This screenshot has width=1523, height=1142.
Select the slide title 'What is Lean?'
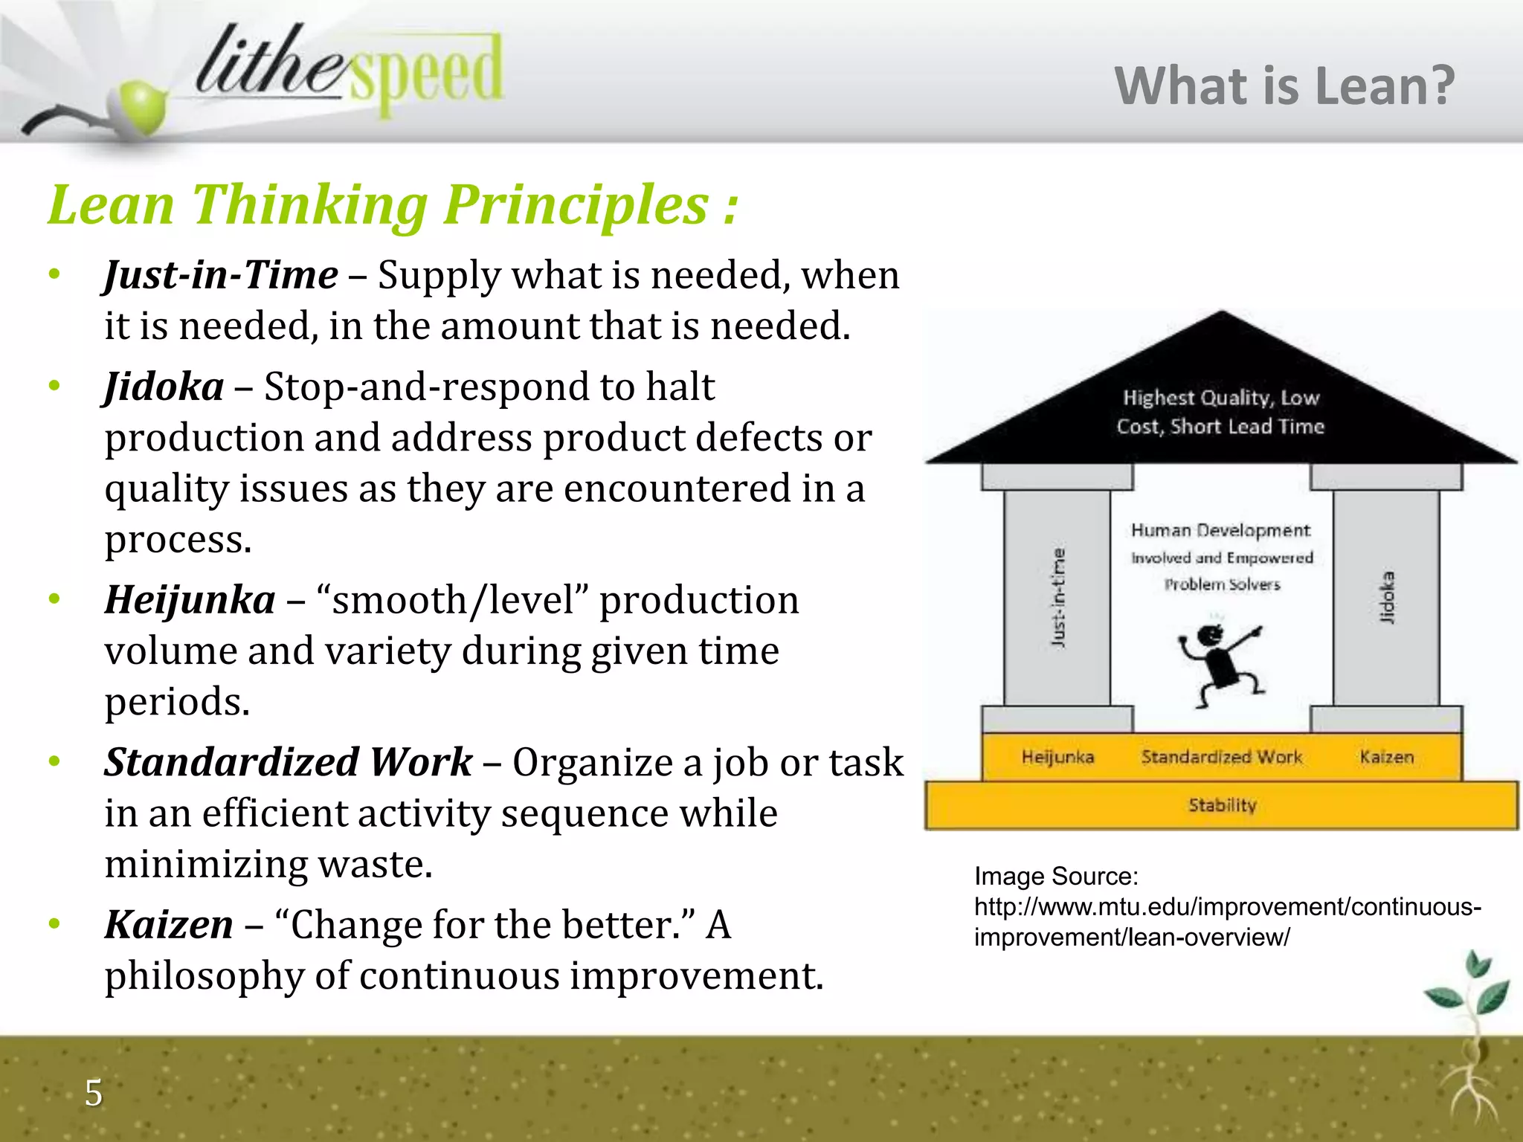coord(1284,86)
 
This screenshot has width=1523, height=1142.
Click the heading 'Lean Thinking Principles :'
coord(393,204)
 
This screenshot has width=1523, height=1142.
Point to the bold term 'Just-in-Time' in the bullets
coord(221,275)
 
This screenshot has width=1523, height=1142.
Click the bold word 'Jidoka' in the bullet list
coord(164,387)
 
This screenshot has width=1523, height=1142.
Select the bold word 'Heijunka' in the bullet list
coord(190,600)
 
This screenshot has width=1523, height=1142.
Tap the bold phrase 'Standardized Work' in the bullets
coord(288,762)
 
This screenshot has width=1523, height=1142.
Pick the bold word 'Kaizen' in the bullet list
coord(169,925)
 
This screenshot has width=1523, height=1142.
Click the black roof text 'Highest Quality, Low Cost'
coord(1220,412)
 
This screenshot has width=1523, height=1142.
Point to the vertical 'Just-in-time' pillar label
coord(1058,597)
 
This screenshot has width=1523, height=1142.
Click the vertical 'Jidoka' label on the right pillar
coord(1386,597)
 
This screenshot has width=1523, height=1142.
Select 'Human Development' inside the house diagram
coord(1220,530)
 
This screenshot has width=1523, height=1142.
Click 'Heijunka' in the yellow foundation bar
coord(1057,757)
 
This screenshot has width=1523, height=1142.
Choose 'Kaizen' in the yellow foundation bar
coord(1386,757)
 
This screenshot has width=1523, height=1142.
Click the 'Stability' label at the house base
coord(1222,805)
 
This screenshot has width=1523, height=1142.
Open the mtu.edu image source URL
coord(1227,922)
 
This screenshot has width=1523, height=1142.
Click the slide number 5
coord(94,1093)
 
